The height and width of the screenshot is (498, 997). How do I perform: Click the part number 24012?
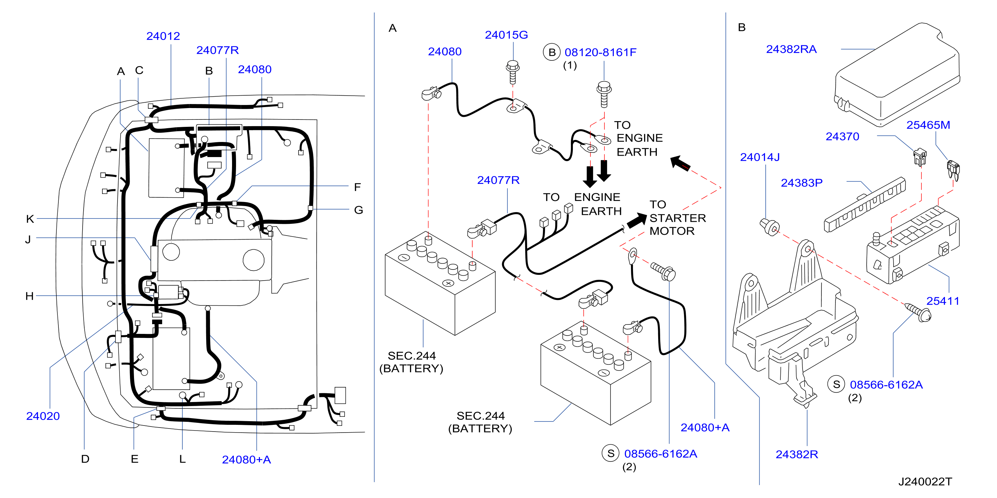click(163, 36)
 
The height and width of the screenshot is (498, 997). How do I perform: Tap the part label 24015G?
click(506, 35)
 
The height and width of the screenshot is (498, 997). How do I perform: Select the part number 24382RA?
click(791, 49)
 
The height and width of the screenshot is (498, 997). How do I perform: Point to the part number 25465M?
click(928, 125)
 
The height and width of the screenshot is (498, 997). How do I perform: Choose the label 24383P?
click(802, 183)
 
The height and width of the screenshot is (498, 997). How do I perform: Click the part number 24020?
click(43, 416)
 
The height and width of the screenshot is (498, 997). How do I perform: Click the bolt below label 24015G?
click(512, 72)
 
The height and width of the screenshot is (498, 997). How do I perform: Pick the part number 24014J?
click(760, 157)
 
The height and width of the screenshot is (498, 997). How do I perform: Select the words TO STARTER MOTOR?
click(677, 218)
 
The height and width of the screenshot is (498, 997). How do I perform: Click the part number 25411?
click(943, 301)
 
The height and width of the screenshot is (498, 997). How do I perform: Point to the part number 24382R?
click(797, 454)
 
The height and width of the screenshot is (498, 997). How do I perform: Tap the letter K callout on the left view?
click(30, 219)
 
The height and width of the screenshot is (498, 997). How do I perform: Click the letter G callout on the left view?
click(358, 210)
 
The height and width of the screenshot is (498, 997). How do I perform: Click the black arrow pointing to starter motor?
click(636, 221)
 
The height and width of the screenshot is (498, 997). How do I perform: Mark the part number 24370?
click(842, 137)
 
